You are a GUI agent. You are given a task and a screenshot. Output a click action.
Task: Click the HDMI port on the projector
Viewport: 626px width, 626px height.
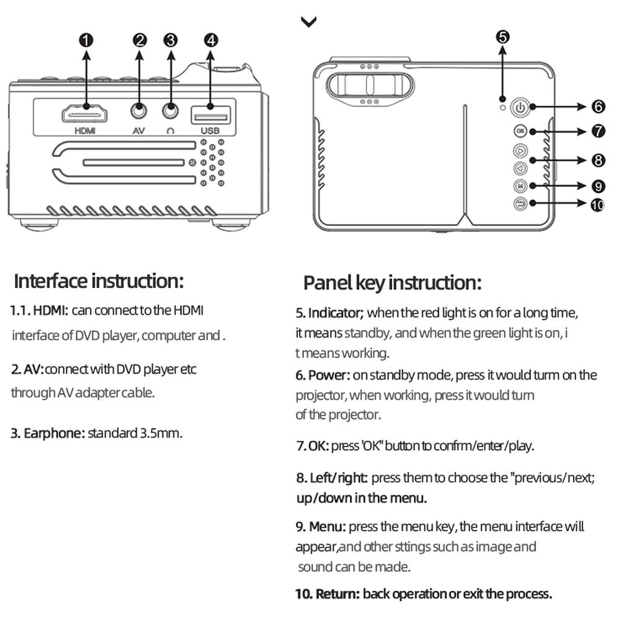click(86, 114)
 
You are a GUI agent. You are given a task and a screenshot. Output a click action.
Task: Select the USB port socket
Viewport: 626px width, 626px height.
click(210, 115)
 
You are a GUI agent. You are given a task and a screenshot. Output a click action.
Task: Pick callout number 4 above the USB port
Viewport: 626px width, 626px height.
click(210, 40)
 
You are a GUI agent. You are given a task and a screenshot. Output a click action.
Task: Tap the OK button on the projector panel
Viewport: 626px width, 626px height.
click(519, 131)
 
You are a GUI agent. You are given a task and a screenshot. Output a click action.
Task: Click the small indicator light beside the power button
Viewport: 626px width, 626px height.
click(503, 101)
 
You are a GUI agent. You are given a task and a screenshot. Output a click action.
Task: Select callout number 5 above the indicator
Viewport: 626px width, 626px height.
click(503, 37)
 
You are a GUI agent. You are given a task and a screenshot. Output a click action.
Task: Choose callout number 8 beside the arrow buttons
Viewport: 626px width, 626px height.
click(598, 161)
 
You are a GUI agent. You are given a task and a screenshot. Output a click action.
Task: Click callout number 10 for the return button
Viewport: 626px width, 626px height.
click(597, 204)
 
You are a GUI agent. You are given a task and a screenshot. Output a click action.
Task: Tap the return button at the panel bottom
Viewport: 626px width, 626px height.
click(519, 203)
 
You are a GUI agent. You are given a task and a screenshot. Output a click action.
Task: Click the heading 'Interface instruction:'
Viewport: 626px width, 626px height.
click(99, 281)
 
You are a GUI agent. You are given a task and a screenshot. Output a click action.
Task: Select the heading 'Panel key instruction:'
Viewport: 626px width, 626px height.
click(392, 283)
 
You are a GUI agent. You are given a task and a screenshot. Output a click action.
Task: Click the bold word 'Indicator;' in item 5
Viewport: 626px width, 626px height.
click(335, 312)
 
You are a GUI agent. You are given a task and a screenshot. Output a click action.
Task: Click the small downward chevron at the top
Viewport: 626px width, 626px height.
click(309, 22)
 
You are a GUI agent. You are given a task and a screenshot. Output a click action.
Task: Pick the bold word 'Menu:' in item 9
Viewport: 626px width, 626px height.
click(327, 527)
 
